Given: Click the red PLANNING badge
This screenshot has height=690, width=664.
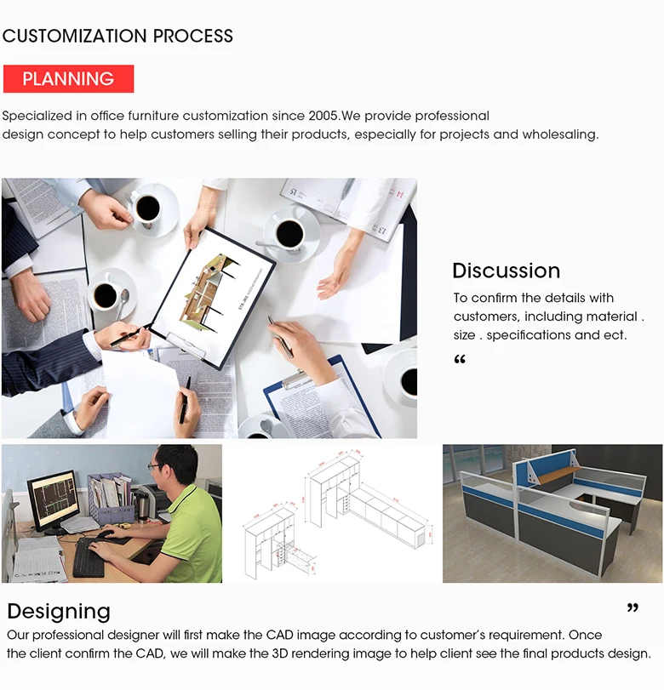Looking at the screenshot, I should pyautogui.click(x=68, y=79).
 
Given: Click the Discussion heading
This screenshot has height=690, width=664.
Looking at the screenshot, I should pyautogui.click(x=506, y=271).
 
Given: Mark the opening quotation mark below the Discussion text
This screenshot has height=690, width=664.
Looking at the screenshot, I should pyautogui.click(x=460, y=360).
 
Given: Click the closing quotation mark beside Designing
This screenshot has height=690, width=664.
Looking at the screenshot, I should pyautogui.click(x=633, y=608).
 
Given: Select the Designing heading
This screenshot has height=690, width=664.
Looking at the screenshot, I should pyautogui.click(x=59, y=612).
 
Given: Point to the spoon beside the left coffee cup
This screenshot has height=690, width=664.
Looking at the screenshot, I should pyautogui.click(x=123, y=301).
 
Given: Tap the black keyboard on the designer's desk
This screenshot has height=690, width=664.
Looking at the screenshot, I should pyautogui.click(x=89, y=558).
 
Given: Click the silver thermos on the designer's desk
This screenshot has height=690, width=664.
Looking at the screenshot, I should pyautogui.click(x=142, y=507).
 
